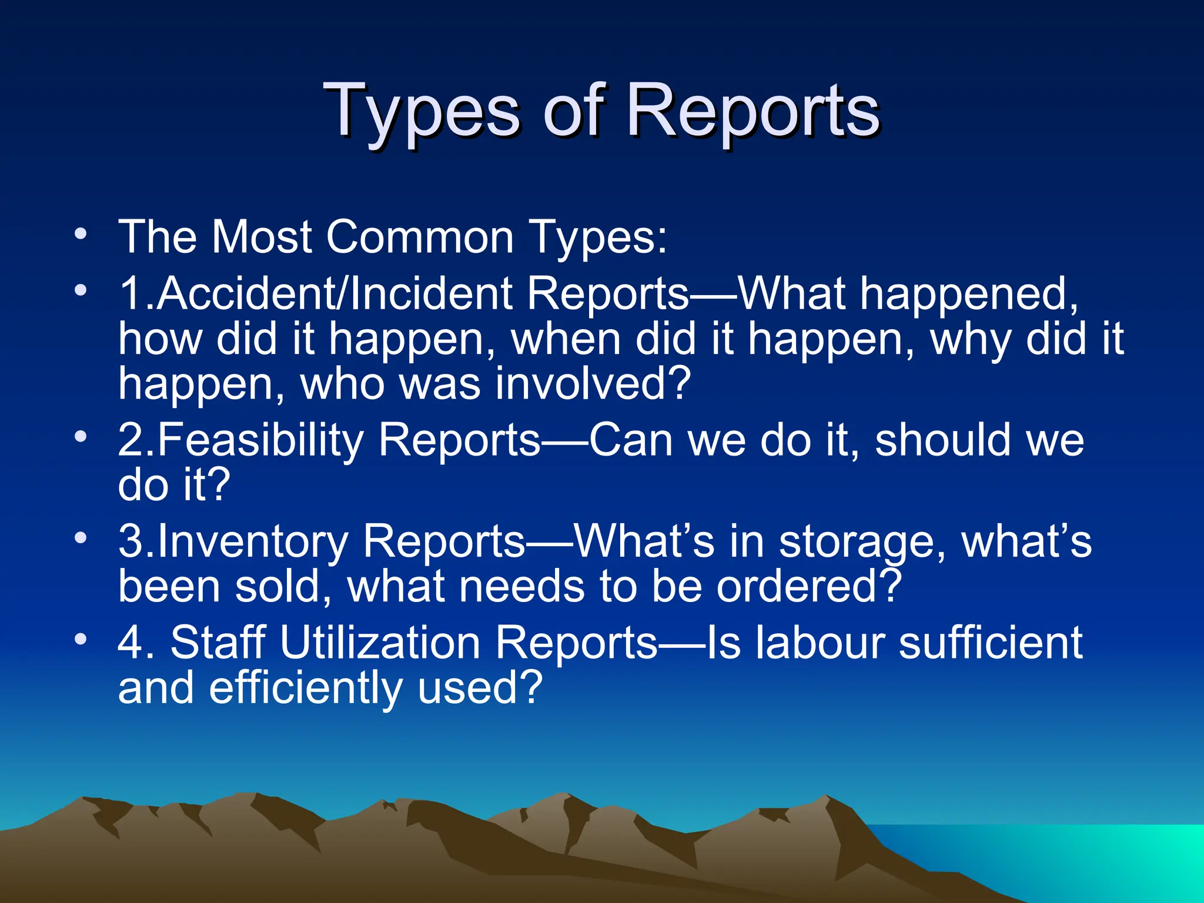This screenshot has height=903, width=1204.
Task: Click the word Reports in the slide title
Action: click(x=752, y=112)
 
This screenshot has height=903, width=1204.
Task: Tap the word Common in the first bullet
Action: click(x=420, y=237)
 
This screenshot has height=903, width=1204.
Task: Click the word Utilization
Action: click(x=380, y=643)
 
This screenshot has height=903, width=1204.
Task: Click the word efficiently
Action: click(x=306, y=688)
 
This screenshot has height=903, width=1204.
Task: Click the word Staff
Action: click(x=218, y=643)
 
